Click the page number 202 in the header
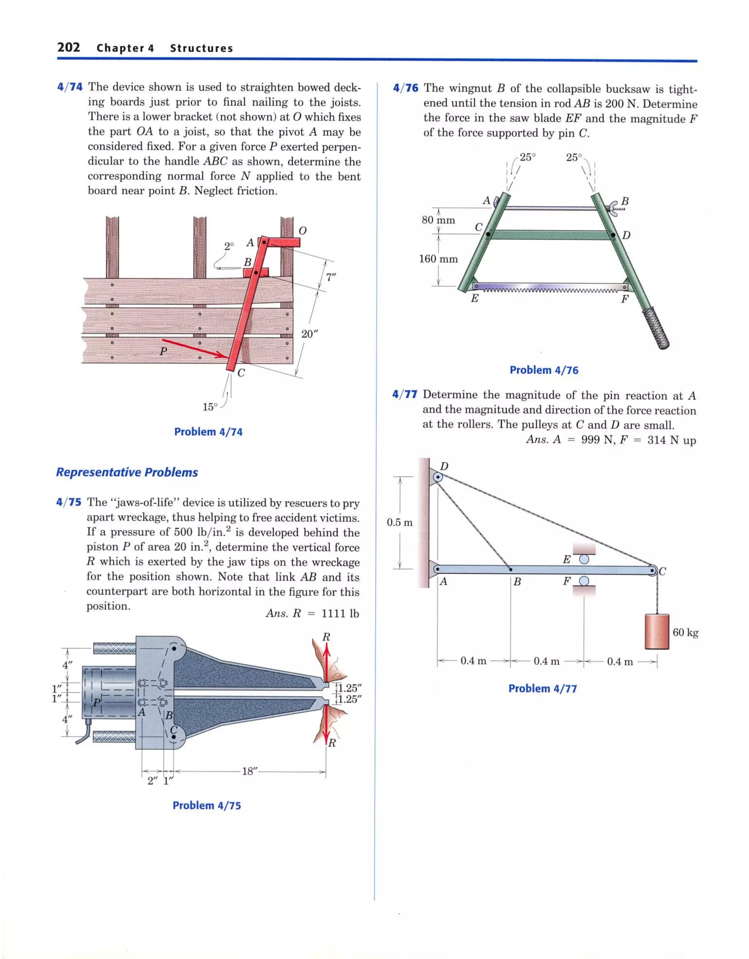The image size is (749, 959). pos(68,47)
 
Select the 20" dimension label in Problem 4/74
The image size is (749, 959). pos(309,334)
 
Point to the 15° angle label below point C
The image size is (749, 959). pos(210,407)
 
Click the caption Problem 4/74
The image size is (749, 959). pos(208,432)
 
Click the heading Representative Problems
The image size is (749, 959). pos(127,472)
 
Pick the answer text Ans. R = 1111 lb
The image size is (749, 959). pos(312,613)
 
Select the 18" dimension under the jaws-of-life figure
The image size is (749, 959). pos(250,771)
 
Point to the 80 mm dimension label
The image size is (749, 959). pos(438,220)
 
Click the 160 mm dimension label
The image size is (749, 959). pos(438,259)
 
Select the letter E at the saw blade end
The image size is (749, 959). pos(474,299)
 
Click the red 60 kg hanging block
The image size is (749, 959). pos(656,631)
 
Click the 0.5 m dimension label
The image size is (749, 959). pos(399,522)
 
